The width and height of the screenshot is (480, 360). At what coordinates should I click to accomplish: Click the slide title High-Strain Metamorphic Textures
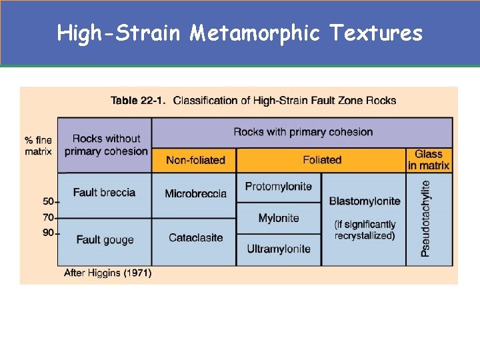point(240,33)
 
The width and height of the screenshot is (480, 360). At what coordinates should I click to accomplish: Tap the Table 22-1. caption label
point(139,101)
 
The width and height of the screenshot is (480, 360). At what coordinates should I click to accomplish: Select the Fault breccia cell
point(104,193)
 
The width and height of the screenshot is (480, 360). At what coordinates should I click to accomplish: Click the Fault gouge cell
point(105,239)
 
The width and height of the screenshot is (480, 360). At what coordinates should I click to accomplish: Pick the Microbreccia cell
point(195,193)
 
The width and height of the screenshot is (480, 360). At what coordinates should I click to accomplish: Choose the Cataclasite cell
point(195,238)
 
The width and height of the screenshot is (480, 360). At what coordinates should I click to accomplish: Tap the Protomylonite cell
point(278,186)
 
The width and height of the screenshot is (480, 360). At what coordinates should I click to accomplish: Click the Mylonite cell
point(278,218)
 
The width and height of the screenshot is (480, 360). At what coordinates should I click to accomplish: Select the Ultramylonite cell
point(278,249)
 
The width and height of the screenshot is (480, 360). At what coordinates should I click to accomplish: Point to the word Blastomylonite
point(365,201)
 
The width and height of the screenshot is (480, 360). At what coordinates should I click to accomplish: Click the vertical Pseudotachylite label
point(427,218)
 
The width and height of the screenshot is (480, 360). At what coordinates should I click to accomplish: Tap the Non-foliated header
point(195,160)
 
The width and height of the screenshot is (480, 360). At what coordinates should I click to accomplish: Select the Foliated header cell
point(321,160)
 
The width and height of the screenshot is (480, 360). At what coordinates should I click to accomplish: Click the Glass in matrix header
point(429,160)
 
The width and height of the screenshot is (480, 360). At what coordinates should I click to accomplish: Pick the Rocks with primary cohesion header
point(303,132)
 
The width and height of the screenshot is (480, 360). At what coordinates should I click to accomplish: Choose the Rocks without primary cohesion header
point(105,145)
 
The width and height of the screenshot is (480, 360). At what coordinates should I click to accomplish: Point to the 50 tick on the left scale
point(49,201)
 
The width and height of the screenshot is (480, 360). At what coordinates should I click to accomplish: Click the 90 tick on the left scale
point(49,233)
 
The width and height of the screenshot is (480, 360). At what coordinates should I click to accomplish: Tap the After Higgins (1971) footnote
point(107,273)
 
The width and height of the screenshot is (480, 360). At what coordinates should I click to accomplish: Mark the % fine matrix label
point(38,145)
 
